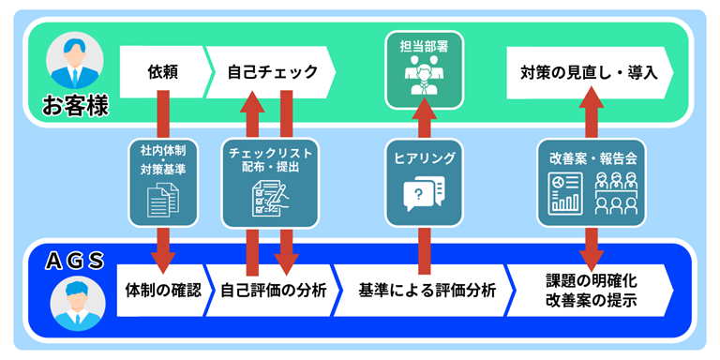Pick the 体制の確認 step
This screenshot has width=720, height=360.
coord(162,290)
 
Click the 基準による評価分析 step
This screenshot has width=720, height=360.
coord(427,290)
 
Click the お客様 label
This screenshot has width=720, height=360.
coord(75,105)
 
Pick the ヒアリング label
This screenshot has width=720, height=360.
coord(424,158)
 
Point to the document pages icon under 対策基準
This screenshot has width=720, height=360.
coord(163,199)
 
